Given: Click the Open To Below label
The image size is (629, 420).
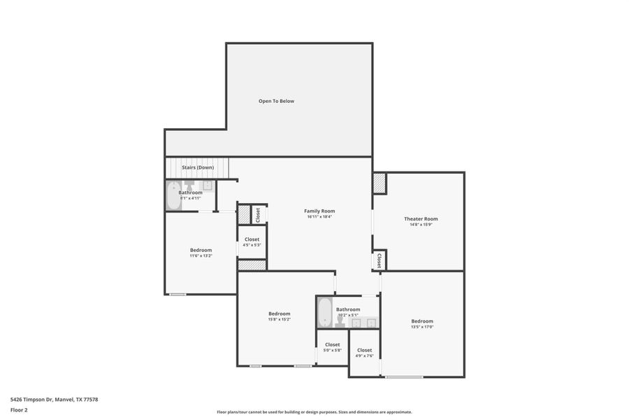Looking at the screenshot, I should pos(276,101).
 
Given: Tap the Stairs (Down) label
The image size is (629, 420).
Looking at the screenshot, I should pos(198,168).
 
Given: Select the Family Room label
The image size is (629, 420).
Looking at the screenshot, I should pos(319,211).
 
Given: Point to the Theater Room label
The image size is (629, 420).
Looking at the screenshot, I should pos(421,219).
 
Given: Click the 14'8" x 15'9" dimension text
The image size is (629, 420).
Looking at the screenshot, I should pos(421,225).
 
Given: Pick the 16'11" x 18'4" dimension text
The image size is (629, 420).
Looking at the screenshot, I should pos(319,217).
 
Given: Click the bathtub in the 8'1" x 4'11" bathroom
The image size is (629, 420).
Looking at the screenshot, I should pos(173,196).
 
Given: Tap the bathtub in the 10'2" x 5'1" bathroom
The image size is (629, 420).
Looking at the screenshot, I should pos(324,312).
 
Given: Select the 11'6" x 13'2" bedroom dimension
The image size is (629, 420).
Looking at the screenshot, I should pos(201,256).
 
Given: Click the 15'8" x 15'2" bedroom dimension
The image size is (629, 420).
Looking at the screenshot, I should pos(279,320).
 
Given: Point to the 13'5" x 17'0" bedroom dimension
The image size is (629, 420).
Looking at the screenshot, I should pos(422,327).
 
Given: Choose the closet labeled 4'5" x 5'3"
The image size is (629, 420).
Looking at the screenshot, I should pos(252,242).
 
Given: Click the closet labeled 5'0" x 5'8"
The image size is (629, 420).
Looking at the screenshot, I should pos(332,347).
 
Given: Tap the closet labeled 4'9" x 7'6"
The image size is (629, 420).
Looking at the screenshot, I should pos(364,353).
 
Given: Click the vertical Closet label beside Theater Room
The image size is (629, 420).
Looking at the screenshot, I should pos(379,260).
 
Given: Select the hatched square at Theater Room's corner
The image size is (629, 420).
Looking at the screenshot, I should pos(379,183).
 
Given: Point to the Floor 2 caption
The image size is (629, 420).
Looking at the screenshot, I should pos(19,409).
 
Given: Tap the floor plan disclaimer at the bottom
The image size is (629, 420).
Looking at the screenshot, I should pos(314,412).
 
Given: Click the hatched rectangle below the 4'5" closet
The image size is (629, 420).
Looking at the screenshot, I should pos(252,265).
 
